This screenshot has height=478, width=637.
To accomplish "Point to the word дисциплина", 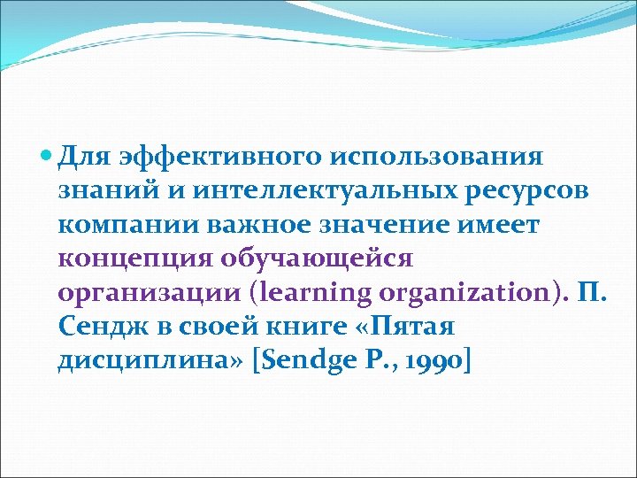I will [150, 361].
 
